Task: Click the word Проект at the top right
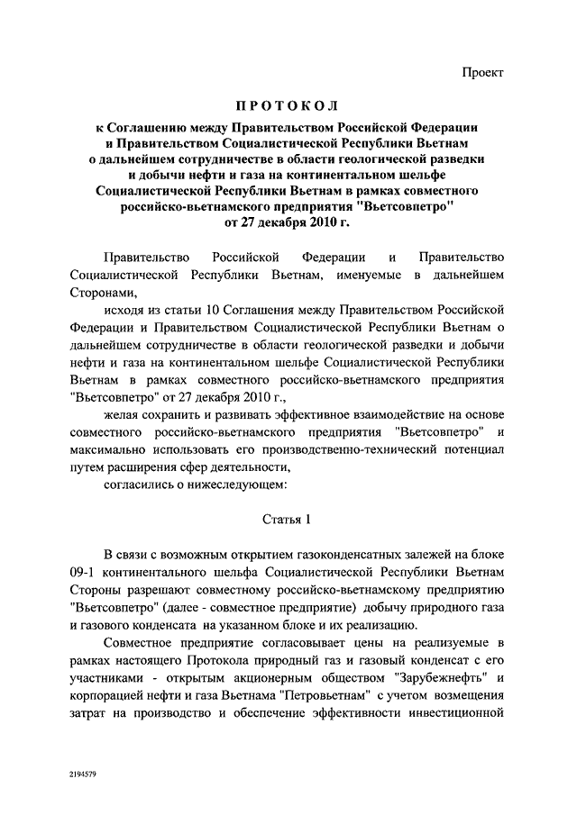point(482,71)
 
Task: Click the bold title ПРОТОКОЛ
point(288,107)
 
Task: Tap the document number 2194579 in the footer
point(84,773)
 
